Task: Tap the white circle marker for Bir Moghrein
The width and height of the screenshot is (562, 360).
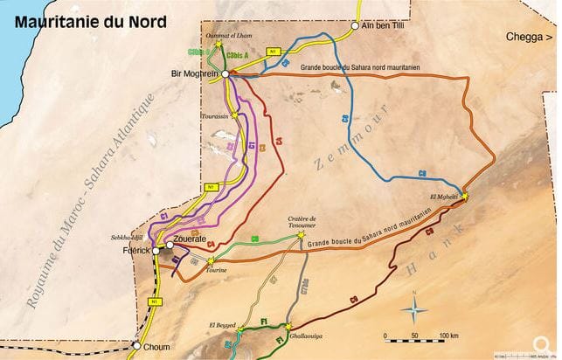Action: [225, 75]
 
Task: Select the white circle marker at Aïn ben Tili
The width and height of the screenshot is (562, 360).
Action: [355, 26]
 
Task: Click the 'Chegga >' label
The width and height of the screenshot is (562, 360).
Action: [529, 37]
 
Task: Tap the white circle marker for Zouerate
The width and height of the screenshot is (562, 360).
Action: [170, 246]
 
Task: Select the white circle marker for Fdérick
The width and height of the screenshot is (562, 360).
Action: [156, 251]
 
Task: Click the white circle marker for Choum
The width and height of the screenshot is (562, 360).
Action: [135, 345]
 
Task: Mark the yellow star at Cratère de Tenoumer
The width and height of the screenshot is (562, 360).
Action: [302, 235]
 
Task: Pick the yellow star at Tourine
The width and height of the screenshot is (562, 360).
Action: [210, 260]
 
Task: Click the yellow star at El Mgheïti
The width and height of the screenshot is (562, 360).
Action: [464, 197]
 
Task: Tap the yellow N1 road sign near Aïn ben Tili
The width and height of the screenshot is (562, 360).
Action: [274, 52]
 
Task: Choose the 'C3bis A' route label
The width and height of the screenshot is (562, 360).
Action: [237, 55]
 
